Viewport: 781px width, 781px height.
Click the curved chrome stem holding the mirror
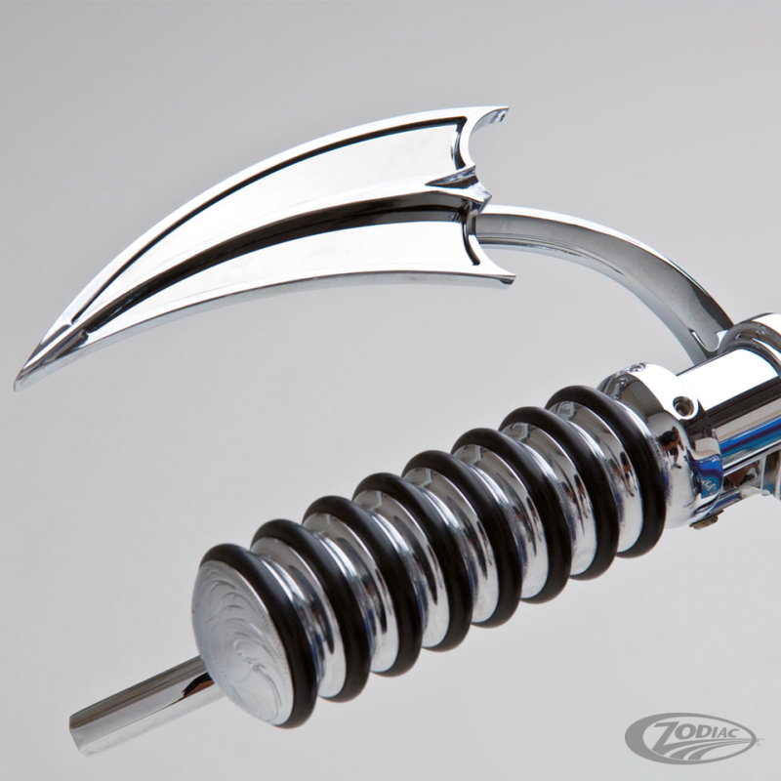[x=623, y=269]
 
